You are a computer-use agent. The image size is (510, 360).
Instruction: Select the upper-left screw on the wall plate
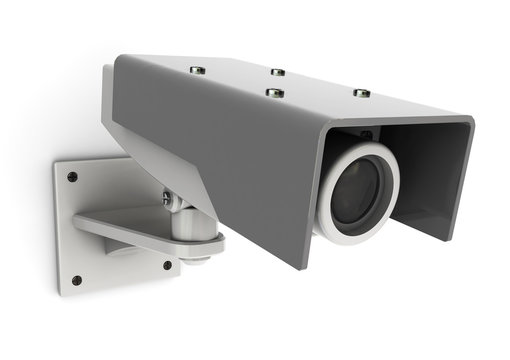pos(72,177)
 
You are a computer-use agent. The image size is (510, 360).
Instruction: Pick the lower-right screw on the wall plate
pos(167,265)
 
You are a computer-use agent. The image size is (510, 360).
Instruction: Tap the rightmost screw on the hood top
pos(362,93)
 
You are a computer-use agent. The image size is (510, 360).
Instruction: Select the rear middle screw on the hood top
pos(278,72)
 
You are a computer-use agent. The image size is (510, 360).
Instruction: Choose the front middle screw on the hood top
pos(271,93)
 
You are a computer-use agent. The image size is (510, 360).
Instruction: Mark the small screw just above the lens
pos(366,135)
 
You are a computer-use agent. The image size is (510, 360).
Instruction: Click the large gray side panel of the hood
pos(230,160)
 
